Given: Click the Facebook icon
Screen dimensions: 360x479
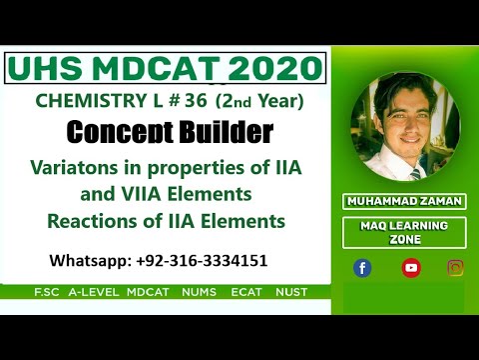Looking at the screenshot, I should [x=362, y=267].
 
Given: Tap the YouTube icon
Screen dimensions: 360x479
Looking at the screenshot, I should [x=410, y=267].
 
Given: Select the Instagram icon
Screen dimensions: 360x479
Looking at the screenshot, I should [x=456, y=267].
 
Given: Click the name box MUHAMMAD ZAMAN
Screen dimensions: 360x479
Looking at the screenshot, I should [x=404, y=201].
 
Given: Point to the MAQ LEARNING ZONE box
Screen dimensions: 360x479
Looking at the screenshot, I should [x=404, y=233].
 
